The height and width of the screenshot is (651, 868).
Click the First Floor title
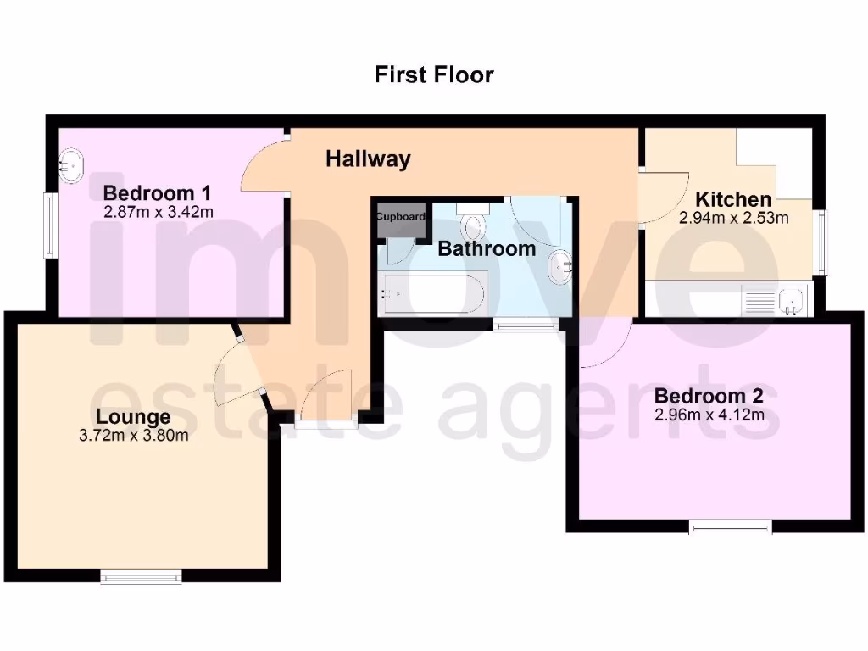point(434,75)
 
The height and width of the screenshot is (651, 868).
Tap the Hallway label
point(369,159)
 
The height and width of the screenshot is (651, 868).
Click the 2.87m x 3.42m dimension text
point(158,212)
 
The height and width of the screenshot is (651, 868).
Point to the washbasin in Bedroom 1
point(71,164)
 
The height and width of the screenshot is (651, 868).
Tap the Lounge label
point(133,417)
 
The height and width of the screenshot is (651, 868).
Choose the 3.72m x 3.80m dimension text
point(133,436)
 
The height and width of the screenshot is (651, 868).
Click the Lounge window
point(142,577)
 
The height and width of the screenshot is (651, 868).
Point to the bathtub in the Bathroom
point(433,293)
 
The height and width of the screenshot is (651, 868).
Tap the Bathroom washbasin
point(559,266)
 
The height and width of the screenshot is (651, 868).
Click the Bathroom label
point(487,249)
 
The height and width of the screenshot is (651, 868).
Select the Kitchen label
point(733,200)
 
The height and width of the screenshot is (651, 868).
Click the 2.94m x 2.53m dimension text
point(733,218)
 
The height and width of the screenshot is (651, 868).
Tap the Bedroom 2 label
point(709,396)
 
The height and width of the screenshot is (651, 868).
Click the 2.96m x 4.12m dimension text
point(709,415)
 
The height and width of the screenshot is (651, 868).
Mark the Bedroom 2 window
point(731,526)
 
